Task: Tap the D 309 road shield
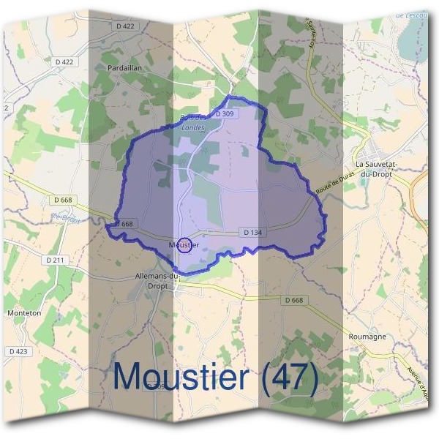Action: point(225,114)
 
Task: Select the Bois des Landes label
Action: point(193,122)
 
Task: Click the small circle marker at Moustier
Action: point(186,244)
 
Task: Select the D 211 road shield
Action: point(56,260)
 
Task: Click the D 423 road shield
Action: point(18,351)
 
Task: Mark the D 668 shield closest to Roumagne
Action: point(293,300)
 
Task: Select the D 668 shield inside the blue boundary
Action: point(126,223)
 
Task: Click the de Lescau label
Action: point(410,15)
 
